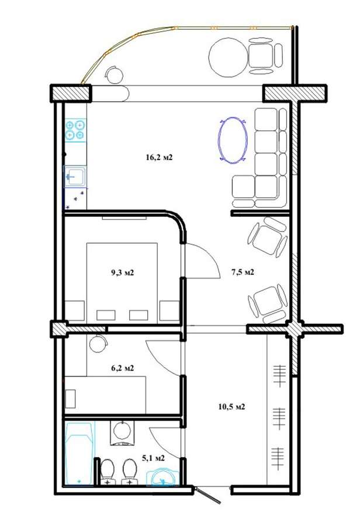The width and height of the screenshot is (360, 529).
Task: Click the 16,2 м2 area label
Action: [159, 157]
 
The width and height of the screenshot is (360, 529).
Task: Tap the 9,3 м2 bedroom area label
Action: [123, 272]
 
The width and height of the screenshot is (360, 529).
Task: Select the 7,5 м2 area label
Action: [243, 272]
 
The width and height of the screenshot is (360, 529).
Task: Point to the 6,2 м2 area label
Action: [123, 368]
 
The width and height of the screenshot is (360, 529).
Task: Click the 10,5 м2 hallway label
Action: [232, 406]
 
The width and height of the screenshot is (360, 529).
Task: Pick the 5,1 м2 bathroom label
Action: [153, 458]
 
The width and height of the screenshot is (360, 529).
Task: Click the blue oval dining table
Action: [233, 140]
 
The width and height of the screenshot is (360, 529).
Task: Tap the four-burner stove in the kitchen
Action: [75, 130]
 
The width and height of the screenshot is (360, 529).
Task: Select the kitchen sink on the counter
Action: [75, 176]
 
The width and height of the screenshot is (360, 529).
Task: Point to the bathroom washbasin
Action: [162, 476]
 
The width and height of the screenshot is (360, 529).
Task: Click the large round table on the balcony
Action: [229, 56]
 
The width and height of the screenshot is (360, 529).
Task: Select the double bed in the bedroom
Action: [122, 283]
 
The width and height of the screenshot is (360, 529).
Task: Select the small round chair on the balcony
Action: [114, 75]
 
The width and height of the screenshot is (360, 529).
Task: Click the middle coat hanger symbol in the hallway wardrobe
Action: [279, 418]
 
